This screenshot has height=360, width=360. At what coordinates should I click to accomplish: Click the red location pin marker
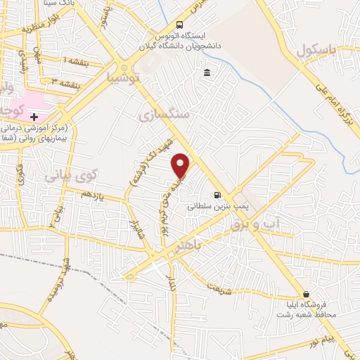point(181,165)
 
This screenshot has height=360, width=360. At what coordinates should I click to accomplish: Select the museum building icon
point(207,73)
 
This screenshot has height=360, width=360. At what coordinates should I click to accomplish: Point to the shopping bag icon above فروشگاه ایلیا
point(305,295)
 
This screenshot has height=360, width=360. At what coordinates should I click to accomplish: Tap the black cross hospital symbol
point(34,115)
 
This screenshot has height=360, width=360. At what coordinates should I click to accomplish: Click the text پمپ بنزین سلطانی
point(211,207)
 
